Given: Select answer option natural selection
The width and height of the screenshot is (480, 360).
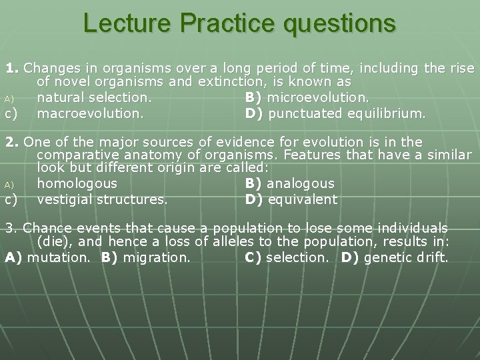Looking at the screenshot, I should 94,98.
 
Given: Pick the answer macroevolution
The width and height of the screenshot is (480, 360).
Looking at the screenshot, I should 90,113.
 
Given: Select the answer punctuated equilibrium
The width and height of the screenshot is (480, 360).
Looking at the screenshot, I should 346,113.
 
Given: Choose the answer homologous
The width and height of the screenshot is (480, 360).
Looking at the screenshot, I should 77,183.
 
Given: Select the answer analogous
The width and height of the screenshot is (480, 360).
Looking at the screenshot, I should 301,183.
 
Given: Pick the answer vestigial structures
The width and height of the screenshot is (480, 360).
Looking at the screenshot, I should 102,199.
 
